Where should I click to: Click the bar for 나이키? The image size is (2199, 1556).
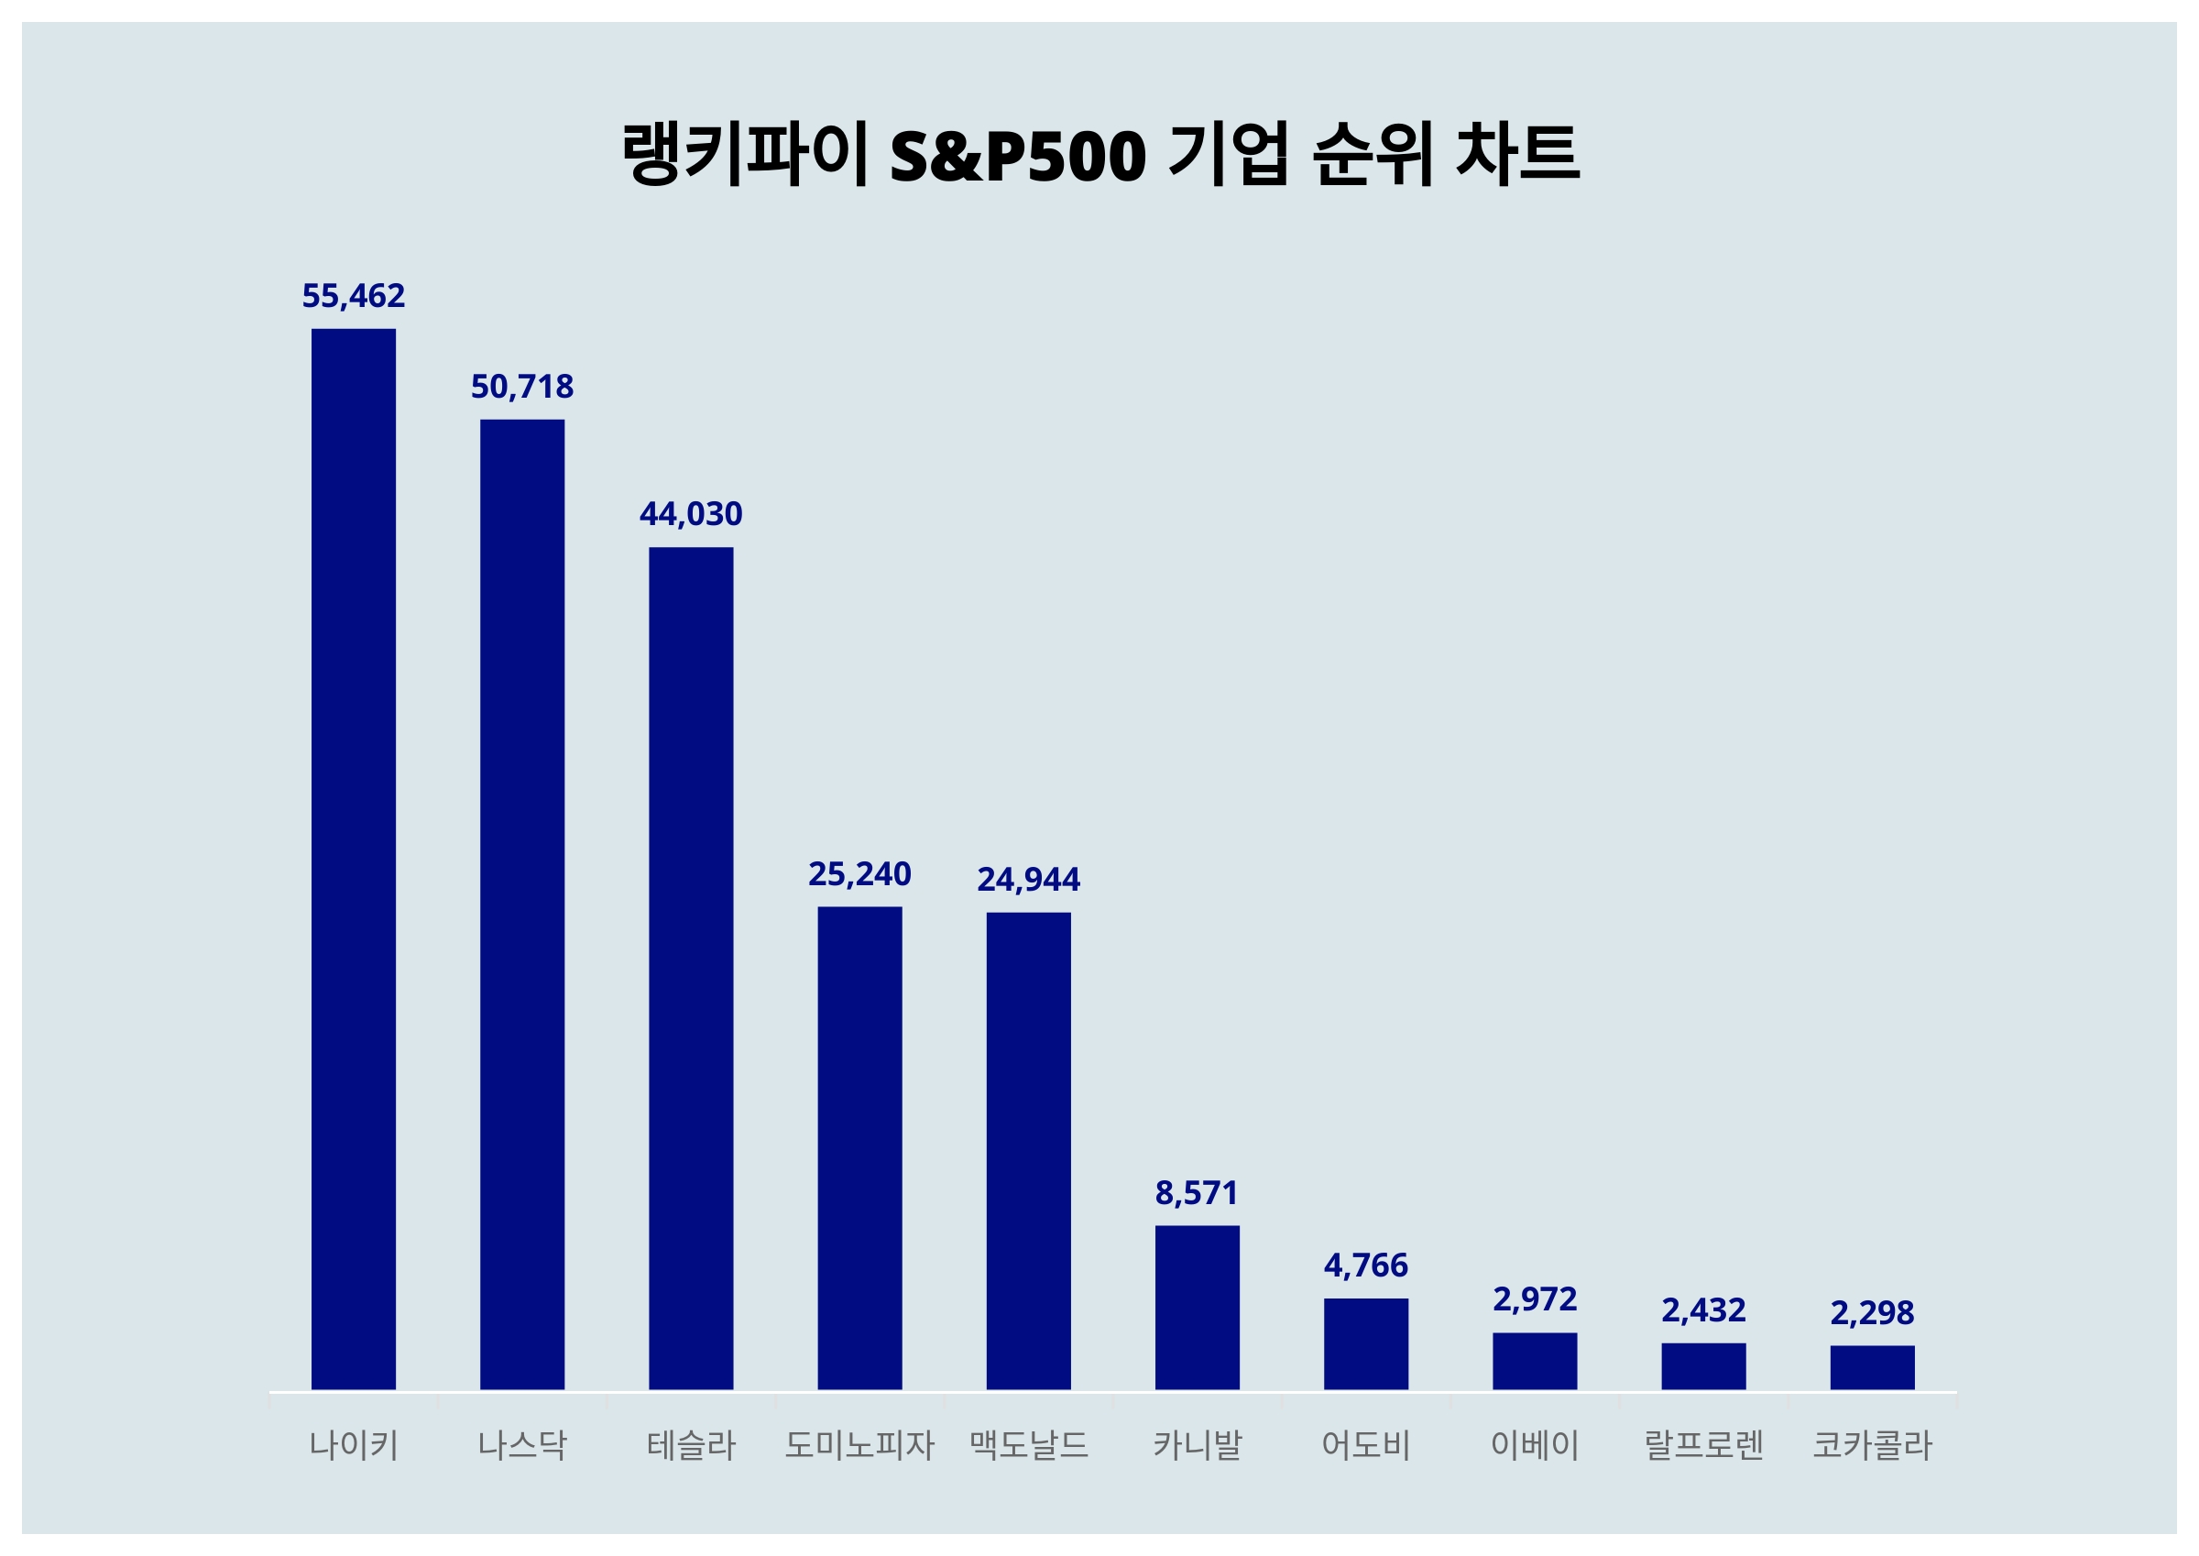coord(354,859)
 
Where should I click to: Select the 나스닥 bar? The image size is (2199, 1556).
coord(522,904)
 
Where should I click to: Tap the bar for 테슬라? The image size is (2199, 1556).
coord(691,968)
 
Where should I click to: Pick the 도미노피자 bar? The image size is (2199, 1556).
coord(859,1147)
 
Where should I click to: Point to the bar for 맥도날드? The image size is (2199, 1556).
coord(1028,1150)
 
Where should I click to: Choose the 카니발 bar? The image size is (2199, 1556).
coord(1197,1307)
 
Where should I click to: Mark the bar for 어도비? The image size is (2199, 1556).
coord(1366,1343)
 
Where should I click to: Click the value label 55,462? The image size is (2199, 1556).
coord(354,296)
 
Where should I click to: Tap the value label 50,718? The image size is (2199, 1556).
coord(522,387)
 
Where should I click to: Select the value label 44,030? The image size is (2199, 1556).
coord(691,514)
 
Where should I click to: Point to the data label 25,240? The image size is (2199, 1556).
coord(859,874)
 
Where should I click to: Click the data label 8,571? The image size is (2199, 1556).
coord(1197,1193)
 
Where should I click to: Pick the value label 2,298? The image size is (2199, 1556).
coord(1872,1312)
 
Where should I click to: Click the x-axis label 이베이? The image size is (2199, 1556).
coord(1535,1445)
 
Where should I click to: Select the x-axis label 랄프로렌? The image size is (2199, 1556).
coord(1703,1445)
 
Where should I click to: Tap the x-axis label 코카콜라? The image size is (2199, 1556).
coord(1872,1445)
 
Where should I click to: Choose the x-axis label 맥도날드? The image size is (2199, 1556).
coord(1028,1445)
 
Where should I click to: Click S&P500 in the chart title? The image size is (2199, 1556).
coord(1017,156)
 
